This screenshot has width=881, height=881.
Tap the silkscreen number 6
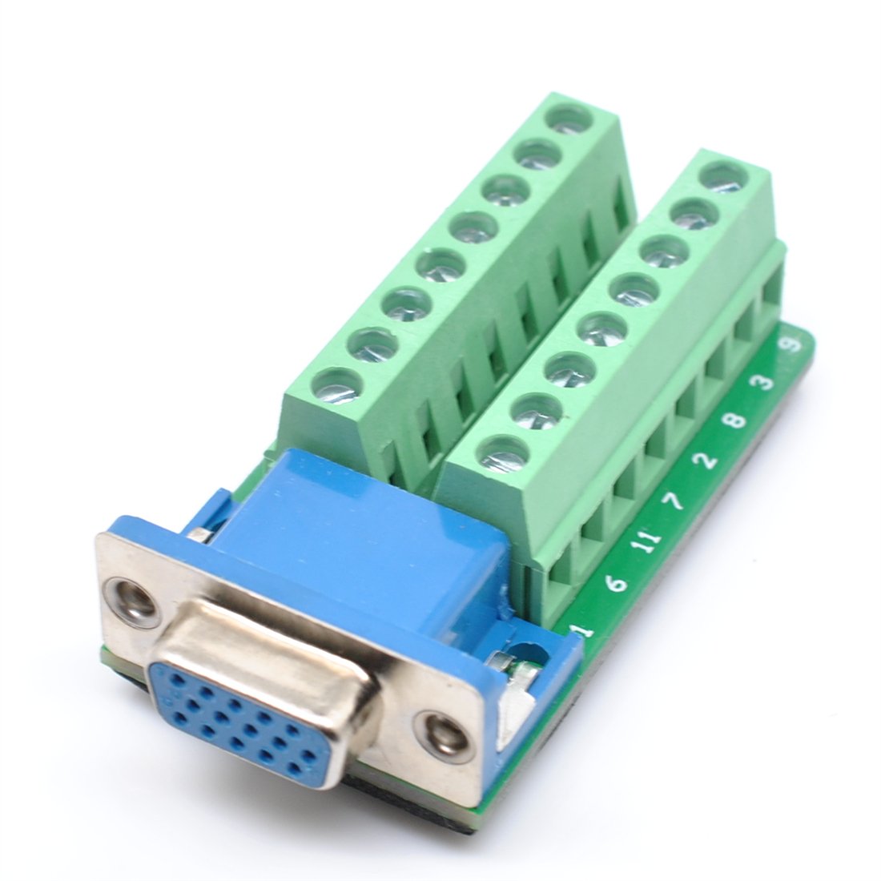point(616,584)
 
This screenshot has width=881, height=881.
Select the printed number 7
point(675,501)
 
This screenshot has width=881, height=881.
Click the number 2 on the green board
point(706,461)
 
